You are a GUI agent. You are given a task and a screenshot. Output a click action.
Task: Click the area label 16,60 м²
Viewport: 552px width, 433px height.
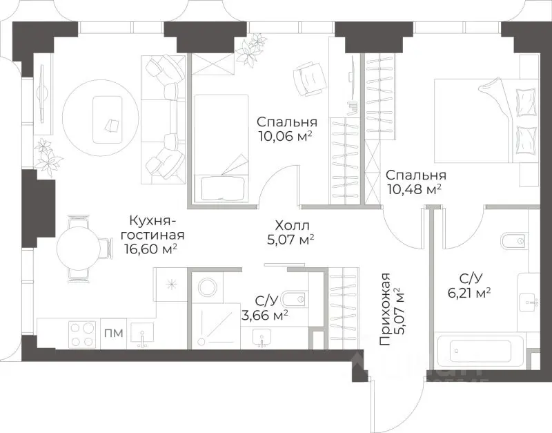pos(150,249)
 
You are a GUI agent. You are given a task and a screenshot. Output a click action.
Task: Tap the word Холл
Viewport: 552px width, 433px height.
pos(292,226)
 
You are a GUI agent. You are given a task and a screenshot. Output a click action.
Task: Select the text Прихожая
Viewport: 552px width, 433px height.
pos(385,309)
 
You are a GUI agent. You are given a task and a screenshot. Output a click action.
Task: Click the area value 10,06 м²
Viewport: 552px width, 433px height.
pos(286,135)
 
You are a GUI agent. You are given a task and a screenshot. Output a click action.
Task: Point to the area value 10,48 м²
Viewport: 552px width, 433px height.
pos(415,189)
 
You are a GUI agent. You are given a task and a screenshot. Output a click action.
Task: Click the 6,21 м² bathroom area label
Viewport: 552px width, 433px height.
pos(470,293)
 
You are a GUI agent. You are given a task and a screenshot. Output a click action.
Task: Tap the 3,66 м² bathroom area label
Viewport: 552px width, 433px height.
pos(265,315)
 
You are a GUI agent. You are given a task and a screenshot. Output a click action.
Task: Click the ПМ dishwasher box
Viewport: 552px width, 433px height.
pos(114,334)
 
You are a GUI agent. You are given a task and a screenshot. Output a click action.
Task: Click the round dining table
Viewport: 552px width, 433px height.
pos(79,248)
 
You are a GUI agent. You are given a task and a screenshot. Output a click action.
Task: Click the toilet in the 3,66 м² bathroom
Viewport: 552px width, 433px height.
pos(296,300)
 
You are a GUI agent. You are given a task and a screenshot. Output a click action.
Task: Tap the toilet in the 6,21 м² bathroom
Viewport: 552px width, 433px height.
pos(514,241)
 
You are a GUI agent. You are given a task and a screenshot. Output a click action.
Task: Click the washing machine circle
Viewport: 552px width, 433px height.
pos(208,287)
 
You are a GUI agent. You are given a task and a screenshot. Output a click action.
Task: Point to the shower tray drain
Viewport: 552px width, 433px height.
pos(201,341)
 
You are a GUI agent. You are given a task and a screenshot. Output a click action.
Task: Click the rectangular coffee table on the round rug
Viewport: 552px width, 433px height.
pos(108,119)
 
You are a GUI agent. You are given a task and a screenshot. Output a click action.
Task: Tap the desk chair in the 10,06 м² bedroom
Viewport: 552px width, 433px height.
pos(308,79)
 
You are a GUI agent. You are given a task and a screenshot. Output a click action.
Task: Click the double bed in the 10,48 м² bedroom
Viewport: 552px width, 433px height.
pos(486,121)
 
